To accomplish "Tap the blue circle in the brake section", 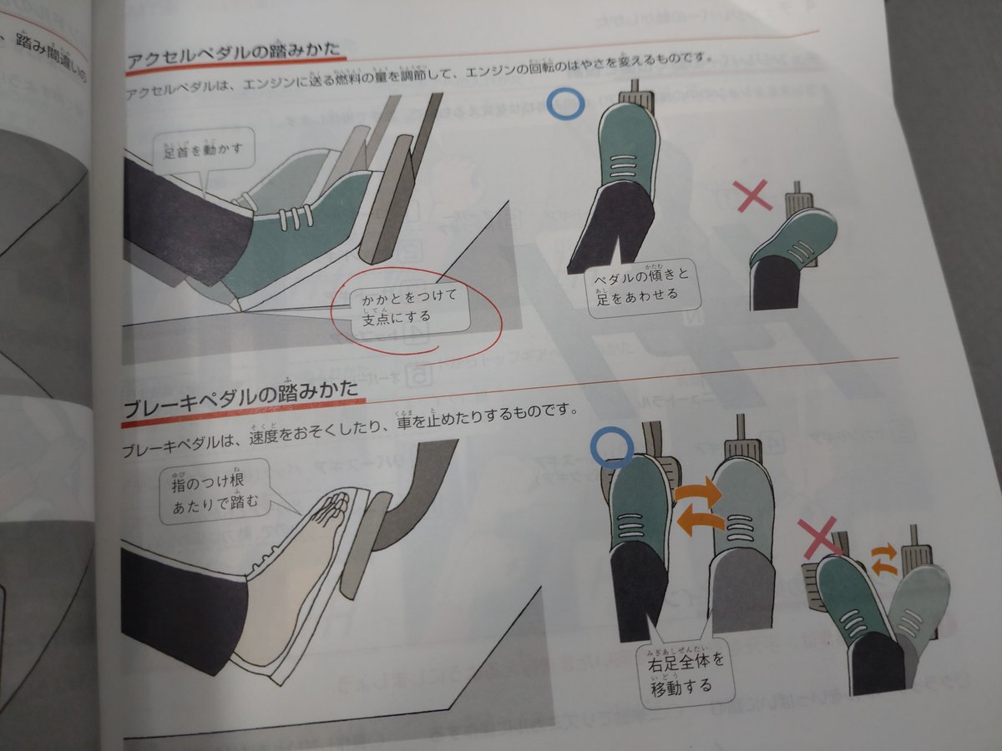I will (x=610, y=446).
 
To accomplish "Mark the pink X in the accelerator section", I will (x=754, y=197).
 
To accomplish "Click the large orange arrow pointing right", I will (x=697, y=492).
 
